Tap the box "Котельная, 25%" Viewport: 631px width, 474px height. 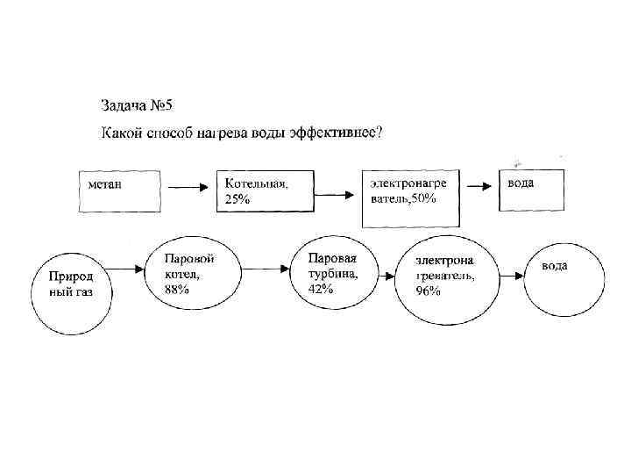(x=266, y=190)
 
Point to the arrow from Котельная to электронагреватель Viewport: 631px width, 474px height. (x=337, y=188)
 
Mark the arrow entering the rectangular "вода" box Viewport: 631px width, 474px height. (x=479, y=186)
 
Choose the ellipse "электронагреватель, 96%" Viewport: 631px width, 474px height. (x=445, y=278)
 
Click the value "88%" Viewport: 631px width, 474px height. (x=177, y=290)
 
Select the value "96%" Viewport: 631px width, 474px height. (x=429, y=291)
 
